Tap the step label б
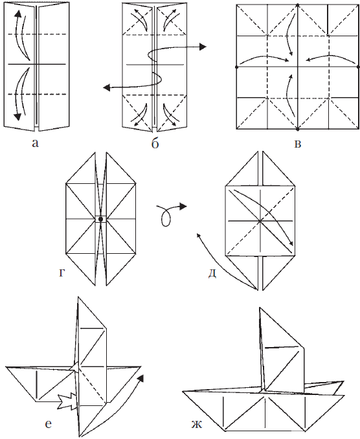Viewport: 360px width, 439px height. click(155, 143)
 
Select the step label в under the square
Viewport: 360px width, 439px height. click(297, 142)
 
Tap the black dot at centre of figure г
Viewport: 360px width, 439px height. click(100, 219)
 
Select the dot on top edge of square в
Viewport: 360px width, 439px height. click(297, 5)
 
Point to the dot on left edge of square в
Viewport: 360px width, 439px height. click(236, 66)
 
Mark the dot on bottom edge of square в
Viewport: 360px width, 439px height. click(297, 128)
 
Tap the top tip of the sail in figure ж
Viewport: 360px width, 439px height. click(260, 307)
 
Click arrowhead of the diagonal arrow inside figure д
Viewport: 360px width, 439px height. click(292, 245)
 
